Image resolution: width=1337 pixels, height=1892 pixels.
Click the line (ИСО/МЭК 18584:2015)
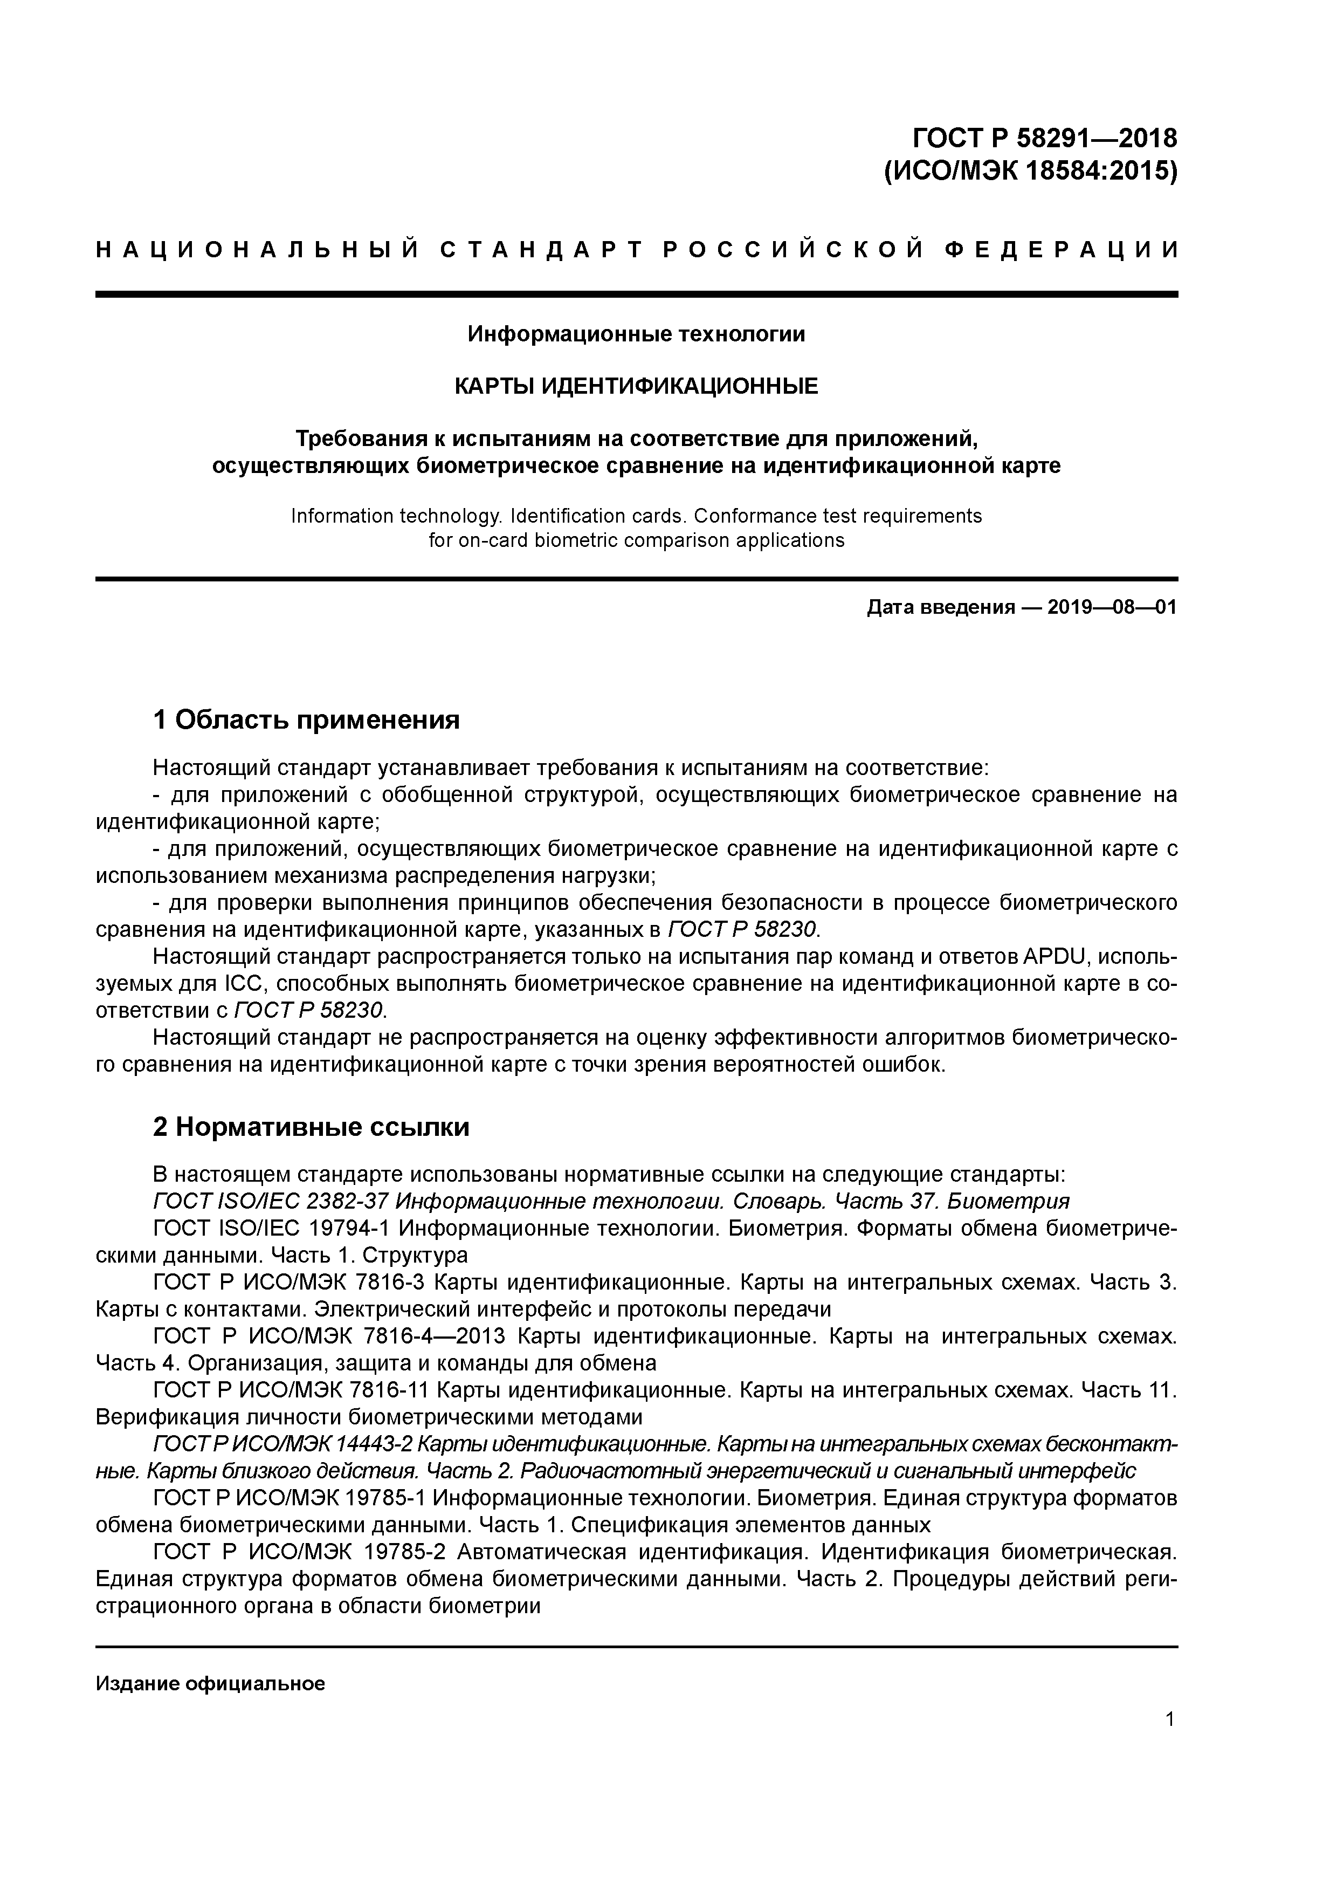point(1030,172)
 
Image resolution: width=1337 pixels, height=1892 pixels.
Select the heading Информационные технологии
point(636,334)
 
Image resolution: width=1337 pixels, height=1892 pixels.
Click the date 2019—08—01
point(1112,608)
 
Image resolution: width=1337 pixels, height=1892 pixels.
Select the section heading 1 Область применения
point(306,719)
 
